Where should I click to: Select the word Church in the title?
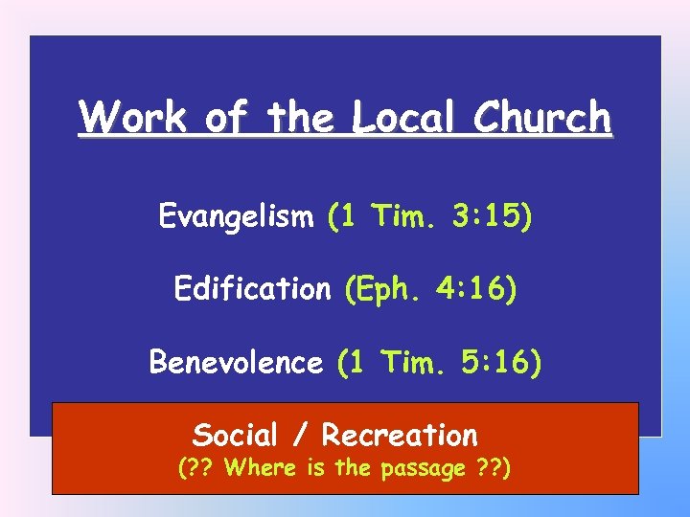tap(542, 118)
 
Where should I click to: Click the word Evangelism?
tap(236, 217)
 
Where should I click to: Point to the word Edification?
tap(252, 288)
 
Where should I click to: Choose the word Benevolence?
tap(236, 362)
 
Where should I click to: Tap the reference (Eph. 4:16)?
tap(431, 288)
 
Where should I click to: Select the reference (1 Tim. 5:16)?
tap(439, 362)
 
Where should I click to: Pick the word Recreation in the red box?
tap(399, 435)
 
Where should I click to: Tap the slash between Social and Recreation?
tap(302, 436)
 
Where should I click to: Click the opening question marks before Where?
tap(197, 470)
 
